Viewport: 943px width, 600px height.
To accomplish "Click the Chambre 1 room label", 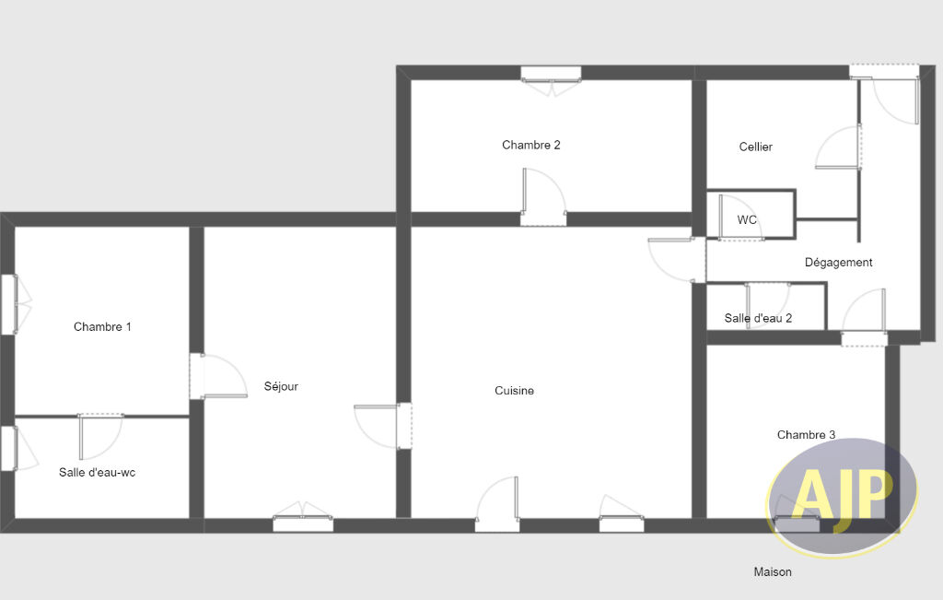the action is (x=102, y=327).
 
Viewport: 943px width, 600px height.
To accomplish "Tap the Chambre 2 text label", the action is (x=531, y=145).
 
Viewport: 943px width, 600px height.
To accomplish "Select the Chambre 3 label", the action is (x=806, y=434).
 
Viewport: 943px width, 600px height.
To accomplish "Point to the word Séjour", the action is (x=281, y=386).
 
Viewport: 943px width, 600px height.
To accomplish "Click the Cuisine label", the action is (x=514, y=391).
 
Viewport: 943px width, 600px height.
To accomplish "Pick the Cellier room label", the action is (x=755, y=147).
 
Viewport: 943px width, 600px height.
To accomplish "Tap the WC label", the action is (x=747, y=219).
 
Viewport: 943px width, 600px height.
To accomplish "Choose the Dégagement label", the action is (x=838, y=263).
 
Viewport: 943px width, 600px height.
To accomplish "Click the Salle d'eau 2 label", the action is (x=758, y=318).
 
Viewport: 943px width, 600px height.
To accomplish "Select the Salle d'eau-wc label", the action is (x=97, y=473).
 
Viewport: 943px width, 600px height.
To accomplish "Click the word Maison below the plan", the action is (x=773, y=571).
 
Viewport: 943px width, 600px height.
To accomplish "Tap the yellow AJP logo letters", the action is (x=841, y=493).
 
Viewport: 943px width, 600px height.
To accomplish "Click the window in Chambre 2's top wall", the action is (x=551, y=74).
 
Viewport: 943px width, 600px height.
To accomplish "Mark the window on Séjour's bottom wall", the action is (x=303, y=524).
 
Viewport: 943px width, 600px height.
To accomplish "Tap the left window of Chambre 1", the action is (x=8, y=304).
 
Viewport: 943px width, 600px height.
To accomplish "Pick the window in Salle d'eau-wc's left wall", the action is (x=7, y=448).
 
